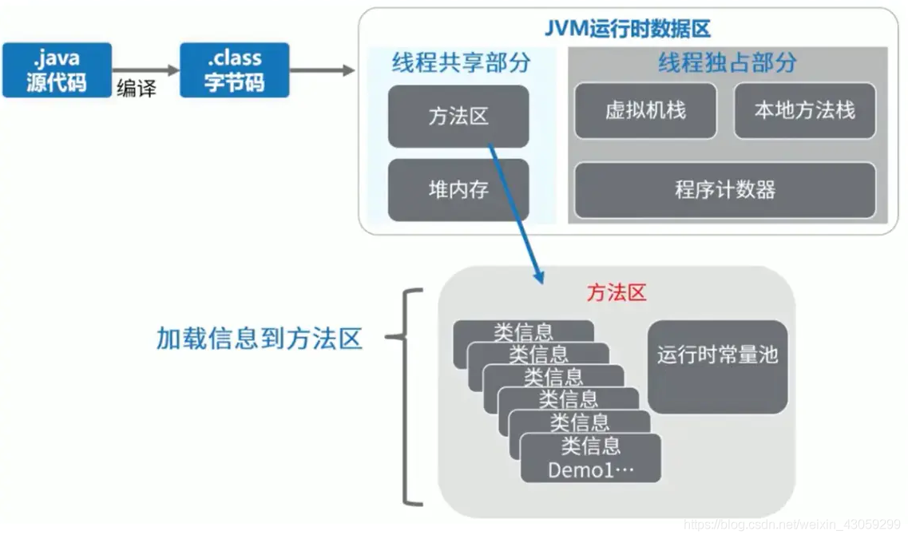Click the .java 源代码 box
(57, 70)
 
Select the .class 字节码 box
(234, 70)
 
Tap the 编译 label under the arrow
(137, 89)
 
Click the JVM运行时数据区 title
(628, 30)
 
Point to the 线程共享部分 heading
(461, 63)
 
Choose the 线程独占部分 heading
(727, 63)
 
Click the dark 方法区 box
(458, 117)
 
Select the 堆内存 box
(458, 190)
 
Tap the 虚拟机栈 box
(645, 110)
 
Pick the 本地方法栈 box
(804, 110)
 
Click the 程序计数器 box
(725, 190)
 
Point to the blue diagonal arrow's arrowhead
(537, 276)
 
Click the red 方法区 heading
(616, 293)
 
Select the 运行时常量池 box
(717, 355)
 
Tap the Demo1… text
(590, 470)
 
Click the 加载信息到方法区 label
(259, 339)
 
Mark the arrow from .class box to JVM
(322, 70)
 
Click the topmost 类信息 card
(523, 331)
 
